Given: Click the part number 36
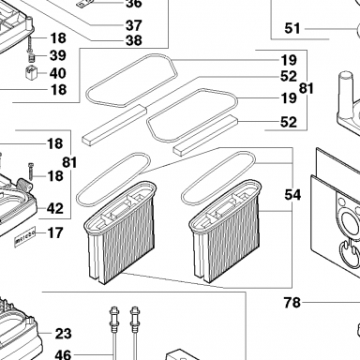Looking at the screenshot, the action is [x=134, y=4].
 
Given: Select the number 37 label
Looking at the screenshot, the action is [x=134, y=25].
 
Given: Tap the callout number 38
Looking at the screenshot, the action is [x=134, y=40].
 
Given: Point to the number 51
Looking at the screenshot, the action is [x=292, y=28].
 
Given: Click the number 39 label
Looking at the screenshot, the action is [x=58, y=55].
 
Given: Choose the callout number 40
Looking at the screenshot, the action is [x=58, y=73].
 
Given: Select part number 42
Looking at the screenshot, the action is [x=55, y=208].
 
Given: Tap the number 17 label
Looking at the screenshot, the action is [x=55, y=232].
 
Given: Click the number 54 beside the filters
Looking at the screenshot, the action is [x=292, y=195].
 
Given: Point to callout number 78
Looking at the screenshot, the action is [x=292, y=303].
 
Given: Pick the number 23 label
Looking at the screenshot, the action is [x=63, y=334].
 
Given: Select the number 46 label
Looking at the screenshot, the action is [x=63, y=354].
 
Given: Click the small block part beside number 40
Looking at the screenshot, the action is [x=31, y=73].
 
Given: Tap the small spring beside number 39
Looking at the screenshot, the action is [x=31, y=58].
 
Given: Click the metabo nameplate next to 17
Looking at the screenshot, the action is [x=25, y=238].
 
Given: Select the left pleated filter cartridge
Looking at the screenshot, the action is [x=120, y=232].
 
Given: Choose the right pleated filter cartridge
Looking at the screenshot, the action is [x=225, y=231].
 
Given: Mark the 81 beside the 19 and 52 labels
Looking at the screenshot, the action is [x=307, y=88].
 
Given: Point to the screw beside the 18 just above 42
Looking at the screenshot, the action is [x=31, y=172].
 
